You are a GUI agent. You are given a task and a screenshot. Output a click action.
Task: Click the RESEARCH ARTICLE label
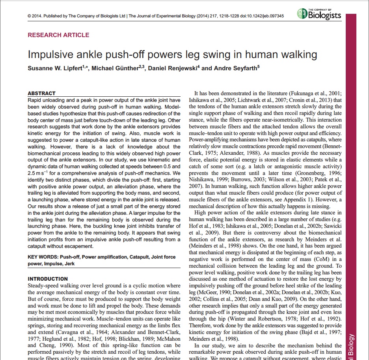tap(58, 35)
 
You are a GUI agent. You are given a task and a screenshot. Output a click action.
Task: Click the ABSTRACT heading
tap(41, 94)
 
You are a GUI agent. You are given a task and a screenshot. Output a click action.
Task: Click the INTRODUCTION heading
tap(48, 279)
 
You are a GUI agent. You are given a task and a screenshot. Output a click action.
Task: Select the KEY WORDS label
tap(43, 257)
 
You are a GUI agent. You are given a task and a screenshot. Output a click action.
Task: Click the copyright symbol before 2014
tap(30, 16)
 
